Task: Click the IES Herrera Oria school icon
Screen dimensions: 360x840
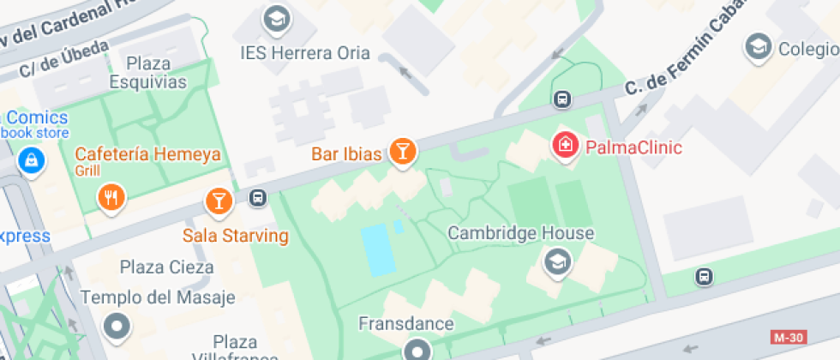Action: coord(276,19)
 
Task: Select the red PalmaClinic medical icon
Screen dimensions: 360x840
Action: coord(566,145)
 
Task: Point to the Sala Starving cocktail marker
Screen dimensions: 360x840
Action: coord(219,202)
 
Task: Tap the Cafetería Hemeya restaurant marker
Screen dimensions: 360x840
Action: coord(111,198)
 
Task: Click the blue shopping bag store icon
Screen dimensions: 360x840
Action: coord(32,159)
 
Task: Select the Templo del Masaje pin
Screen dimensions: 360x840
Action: coord(116,326)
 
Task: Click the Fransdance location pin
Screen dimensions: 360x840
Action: coord(417,349)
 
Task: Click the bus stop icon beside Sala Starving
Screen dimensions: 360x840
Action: coord(256,199)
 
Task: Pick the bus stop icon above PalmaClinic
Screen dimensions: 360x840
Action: coord(561,99)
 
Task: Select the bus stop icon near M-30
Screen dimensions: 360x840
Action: coord(704,277)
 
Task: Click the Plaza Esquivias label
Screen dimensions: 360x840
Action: coord(148,73)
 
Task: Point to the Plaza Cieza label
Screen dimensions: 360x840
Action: coord(167,267)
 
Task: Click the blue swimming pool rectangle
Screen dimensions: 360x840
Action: coord(378,249)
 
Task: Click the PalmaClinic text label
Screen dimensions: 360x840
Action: coord(633,147)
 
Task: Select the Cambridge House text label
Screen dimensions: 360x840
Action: coord(521,233)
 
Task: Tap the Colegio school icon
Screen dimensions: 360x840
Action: coord(758,47)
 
